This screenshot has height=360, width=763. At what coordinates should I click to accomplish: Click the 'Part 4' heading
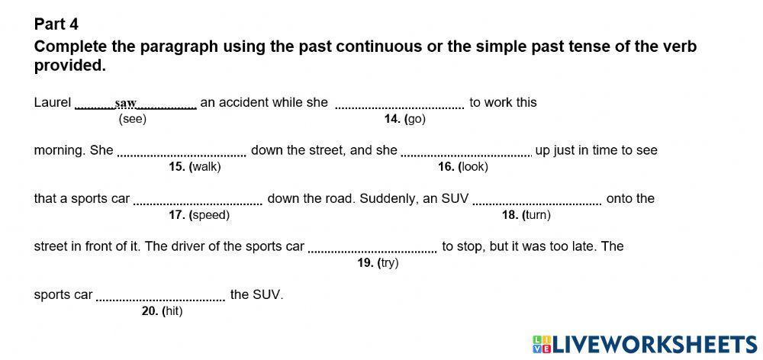(x=56, y=24)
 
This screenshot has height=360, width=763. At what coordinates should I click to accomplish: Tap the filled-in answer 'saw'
(x=125, y=103)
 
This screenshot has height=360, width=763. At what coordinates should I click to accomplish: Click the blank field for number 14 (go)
(x=400, y=103)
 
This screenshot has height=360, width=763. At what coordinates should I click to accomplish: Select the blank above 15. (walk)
(x=182, y=150)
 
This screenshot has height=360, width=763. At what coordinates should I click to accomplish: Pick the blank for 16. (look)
(x=466, y=150)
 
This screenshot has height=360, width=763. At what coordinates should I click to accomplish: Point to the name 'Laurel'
(x=53, y=102)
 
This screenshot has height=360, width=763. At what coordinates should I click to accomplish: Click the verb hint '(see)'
(x=133, y=119)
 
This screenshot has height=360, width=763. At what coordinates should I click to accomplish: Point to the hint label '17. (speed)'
(x=199, y=215)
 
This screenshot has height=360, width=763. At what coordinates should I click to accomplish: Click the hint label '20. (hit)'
(x=162, y=311)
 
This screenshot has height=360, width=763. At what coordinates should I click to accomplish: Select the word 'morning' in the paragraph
(x=58, y=150)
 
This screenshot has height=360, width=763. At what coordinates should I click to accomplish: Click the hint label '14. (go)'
(x=404, y=119)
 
